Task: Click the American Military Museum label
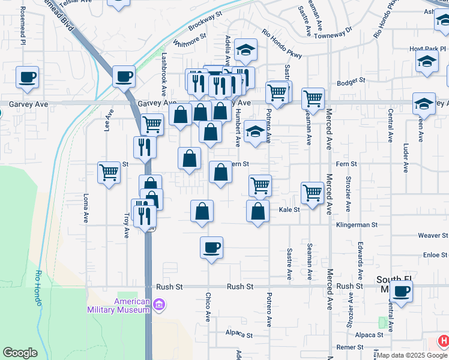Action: pos(118,305)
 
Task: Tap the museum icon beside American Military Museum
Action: pos(158,305)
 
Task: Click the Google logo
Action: pos(20,353)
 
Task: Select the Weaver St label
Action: pos(433,236)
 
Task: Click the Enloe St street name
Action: pos(435,255)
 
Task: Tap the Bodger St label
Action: pos(351,82)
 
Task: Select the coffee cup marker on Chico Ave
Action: pos(211,247)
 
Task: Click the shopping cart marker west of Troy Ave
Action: pos(109,172)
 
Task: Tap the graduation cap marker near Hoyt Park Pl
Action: pos(427,61)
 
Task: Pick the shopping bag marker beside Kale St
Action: pos(258,211)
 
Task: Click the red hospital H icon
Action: pos(443,341)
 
